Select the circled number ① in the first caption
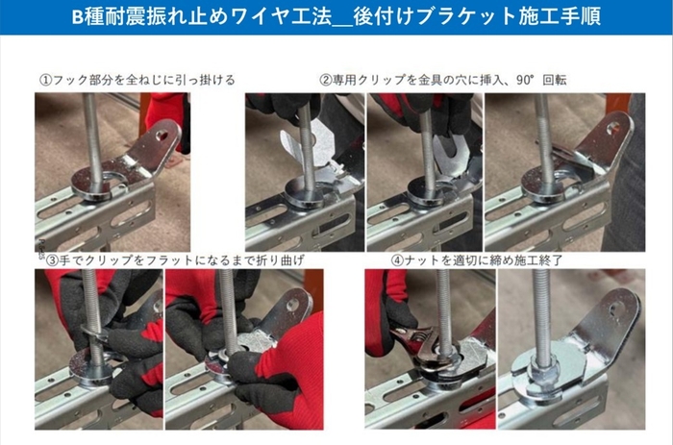click(45, 79)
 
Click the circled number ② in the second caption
click(327, 79)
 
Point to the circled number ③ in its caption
click(46, 260)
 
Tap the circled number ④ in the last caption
click(397, 260)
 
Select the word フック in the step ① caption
click(70, 79)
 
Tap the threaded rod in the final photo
click(542, 308)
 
